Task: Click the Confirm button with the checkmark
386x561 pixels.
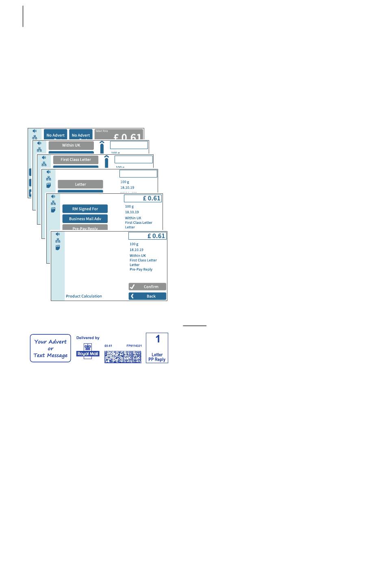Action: (x=147, y=286)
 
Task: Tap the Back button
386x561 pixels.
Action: (x=147, y=296)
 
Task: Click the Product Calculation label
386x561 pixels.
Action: (x=84, y=296)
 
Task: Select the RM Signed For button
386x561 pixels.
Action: (x=85, y=209)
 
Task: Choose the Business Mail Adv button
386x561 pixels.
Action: (x=85, y=219)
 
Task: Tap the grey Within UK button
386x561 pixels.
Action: (x=71, y=145)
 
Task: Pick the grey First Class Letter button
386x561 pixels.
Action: (x=76, y=160)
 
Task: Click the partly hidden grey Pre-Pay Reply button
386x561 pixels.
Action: (x=85, y=227)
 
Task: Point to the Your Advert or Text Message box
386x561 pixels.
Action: (x=50, y=348)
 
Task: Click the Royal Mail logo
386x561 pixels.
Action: (x=88, y=350)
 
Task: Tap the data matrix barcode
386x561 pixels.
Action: (x=123, y=356)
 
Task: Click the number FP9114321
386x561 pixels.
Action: (x=134, y=346)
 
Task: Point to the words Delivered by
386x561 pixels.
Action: (x=88, y=338)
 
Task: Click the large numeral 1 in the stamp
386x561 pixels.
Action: (x=158, y=339)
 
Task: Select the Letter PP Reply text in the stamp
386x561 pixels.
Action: (x=157, y=357)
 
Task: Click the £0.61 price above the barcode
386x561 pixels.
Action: (x=108, y=346)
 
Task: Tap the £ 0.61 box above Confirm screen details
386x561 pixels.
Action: (x=147, y=236)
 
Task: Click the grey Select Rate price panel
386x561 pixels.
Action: (x=119, y=135)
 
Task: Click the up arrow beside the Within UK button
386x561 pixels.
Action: (x=102, y=147)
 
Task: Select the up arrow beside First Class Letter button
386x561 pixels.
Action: (x=106, y=161)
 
